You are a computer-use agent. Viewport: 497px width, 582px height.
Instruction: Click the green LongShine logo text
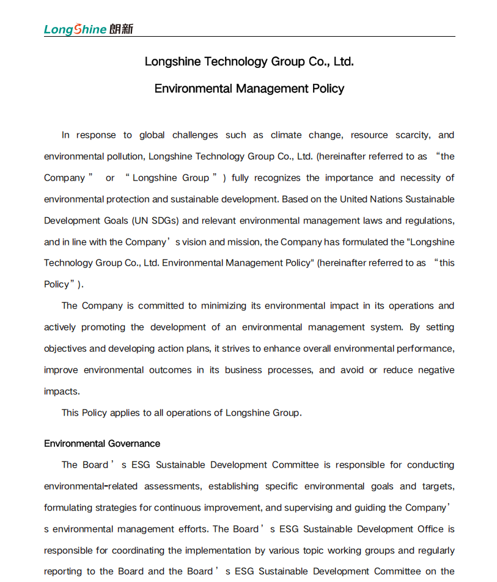tap(75, 29)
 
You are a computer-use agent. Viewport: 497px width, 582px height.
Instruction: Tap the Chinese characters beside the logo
tap(121, 29)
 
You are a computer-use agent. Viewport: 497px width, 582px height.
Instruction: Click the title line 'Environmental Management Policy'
tap(249, 89)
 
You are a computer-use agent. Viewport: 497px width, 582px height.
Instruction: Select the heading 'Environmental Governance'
tap(102, 444)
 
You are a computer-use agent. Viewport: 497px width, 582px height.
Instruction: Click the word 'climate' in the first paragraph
tap(286, 135)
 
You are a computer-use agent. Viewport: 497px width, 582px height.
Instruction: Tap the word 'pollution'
tap(125, 157)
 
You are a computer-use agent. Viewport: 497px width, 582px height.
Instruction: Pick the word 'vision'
tap(195, 242)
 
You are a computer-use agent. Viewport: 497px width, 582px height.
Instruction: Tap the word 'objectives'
tap(65, 349)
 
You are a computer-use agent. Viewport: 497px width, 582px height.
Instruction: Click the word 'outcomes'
tap(171, 370)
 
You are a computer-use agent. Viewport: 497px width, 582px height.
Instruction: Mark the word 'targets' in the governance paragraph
tap(438, 487)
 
